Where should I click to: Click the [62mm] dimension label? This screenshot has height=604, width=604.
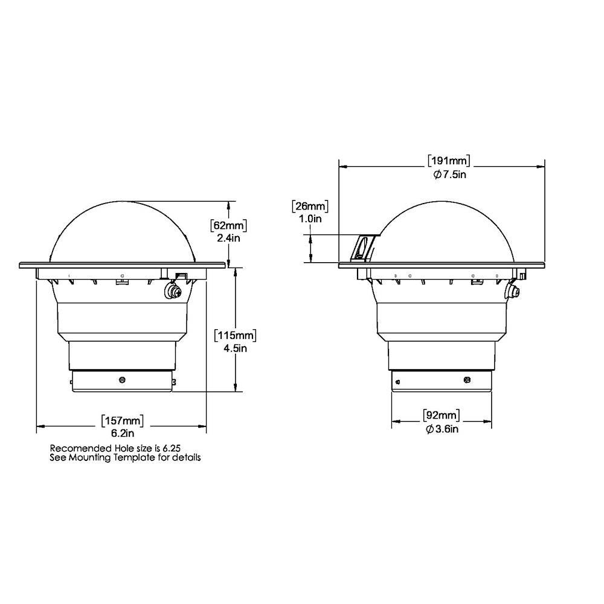pos(229,225)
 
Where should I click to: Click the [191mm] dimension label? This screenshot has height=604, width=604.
pos(449,161)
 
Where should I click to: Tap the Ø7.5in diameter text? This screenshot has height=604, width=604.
pos(449,174)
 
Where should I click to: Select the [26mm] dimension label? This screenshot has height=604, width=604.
pos(310,207)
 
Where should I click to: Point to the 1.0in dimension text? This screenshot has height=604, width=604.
pos(310,219)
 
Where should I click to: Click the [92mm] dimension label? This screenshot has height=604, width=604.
pos(440,416)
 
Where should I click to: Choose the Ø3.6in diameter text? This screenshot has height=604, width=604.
pos(440,428)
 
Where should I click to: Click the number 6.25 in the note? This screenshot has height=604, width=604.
pos(172,448)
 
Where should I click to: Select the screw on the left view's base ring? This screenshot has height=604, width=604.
pos(123,379)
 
